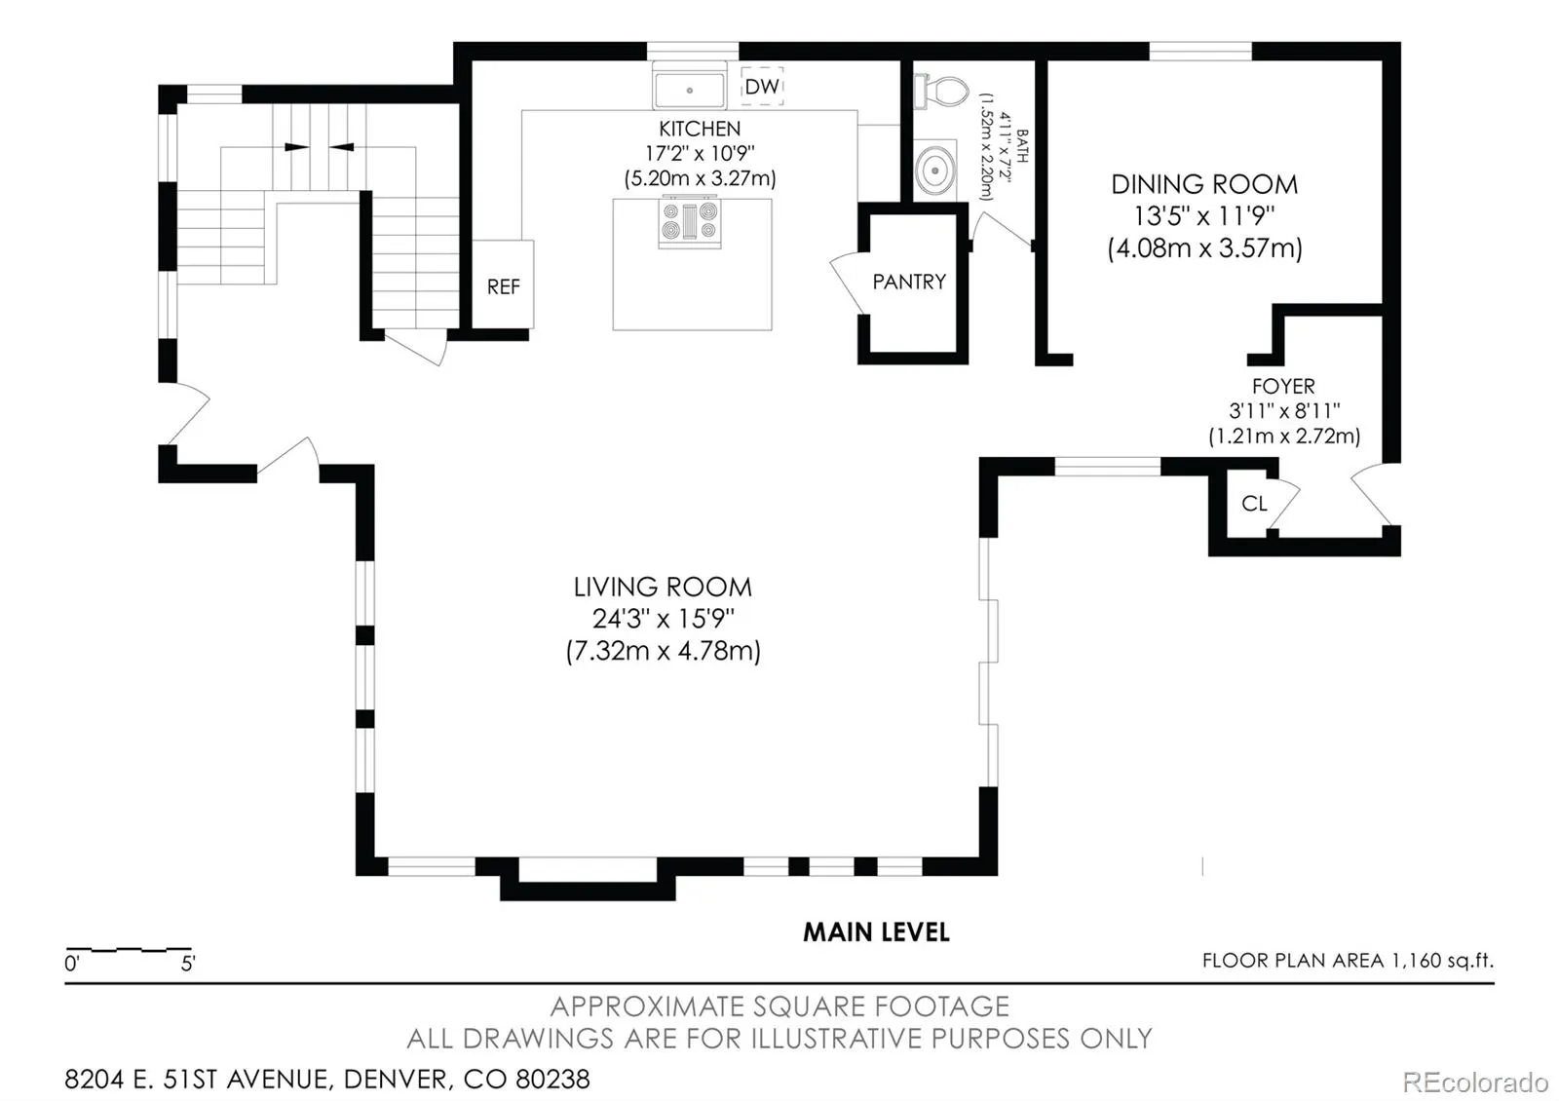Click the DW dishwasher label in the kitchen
pyautogui.click(x=761, y=87)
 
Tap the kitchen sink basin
pyautogui.click(x=689, y=90)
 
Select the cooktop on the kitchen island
pyautogui.click(x=690, y=221)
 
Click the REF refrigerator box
pyautogui.click(x=503, y=284)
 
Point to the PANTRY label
pyautogui.click(x=909, y=282)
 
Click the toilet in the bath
pyautogui.click(x=941, y=92)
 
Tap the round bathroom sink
pyautogui.click(x=934, y=170)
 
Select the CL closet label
pyautogui.click(x=1254, y=503)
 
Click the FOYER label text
pyautogui.click(x=1283, y=386)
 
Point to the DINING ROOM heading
pyautogui.click(x=1204, y=184)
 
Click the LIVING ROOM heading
pyautogui.click(x=663, y=587)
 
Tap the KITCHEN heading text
pyautogui.click(x=700, y=129)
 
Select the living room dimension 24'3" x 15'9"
pyautogui.click(x=664, y=618)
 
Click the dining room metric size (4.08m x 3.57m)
pyautogui.click(x=1204, y=247)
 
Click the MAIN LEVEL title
pyautogui.click(x=876, y=932)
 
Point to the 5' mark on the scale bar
pyautogui.click(x=188, y=964)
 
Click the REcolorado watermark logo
pyautogui.click(x=1475, y=1082)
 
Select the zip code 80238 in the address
pyautogui.click(x=552, y=1080)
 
